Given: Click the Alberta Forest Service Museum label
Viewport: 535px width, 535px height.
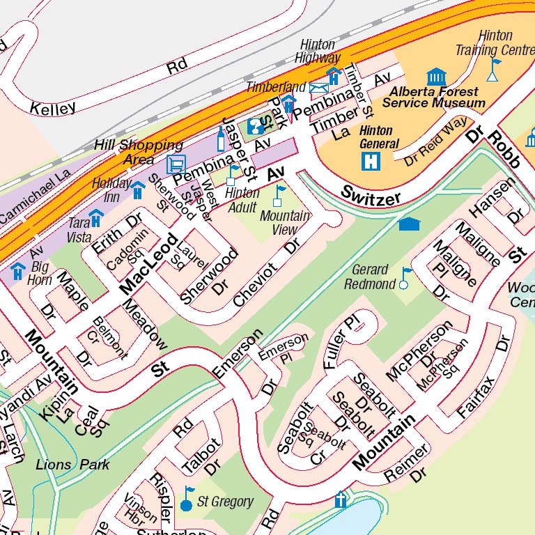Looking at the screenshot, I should click(x=433, y=98).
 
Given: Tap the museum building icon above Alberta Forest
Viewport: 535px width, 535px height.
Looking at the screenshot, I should click(x=436, y=76).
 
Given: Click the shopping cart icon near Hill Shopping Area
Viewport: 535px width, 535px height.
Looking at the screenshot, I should click(x=176, y=164).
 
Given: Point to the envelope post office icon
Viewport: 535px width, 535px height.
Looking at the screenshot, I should click(x=319, y=88).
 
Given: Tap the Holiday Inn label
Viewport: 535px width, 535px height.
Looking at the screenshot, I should click(x=111, y=189).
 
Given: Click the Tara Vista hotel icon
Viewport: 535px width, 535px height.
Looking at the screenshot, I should click(x=95, y=218).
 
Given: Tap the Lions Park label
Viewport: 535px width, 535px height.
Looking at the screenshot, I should click(x=72, y=465).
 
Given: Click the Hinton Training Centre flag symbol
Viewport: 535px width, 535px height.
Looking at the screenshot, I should click(x=493, y=70).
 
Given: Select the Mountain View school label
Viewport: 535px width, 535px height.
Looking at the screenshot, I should click(x=284, y=223).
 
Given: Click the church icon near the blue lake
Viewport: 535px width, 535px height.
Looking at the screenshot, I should click(x=341, y=499).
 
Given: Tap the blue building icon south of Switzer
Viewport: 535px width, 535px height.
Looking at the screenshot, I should click(x=410, y=224).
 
